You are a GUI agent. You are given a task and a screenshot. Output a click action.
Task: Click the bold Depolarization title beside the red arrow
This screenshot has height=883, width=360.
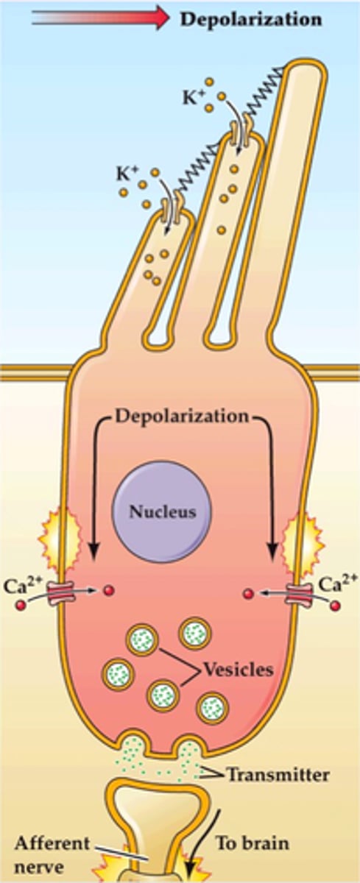point(250,19)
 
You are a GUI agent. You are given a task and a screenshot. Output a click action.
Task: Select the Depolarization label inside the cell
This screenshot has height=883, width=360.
point(180,416)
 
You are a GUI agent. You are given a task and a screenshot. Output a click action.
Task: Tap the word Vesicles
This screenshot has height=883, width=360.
point(236,670)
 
